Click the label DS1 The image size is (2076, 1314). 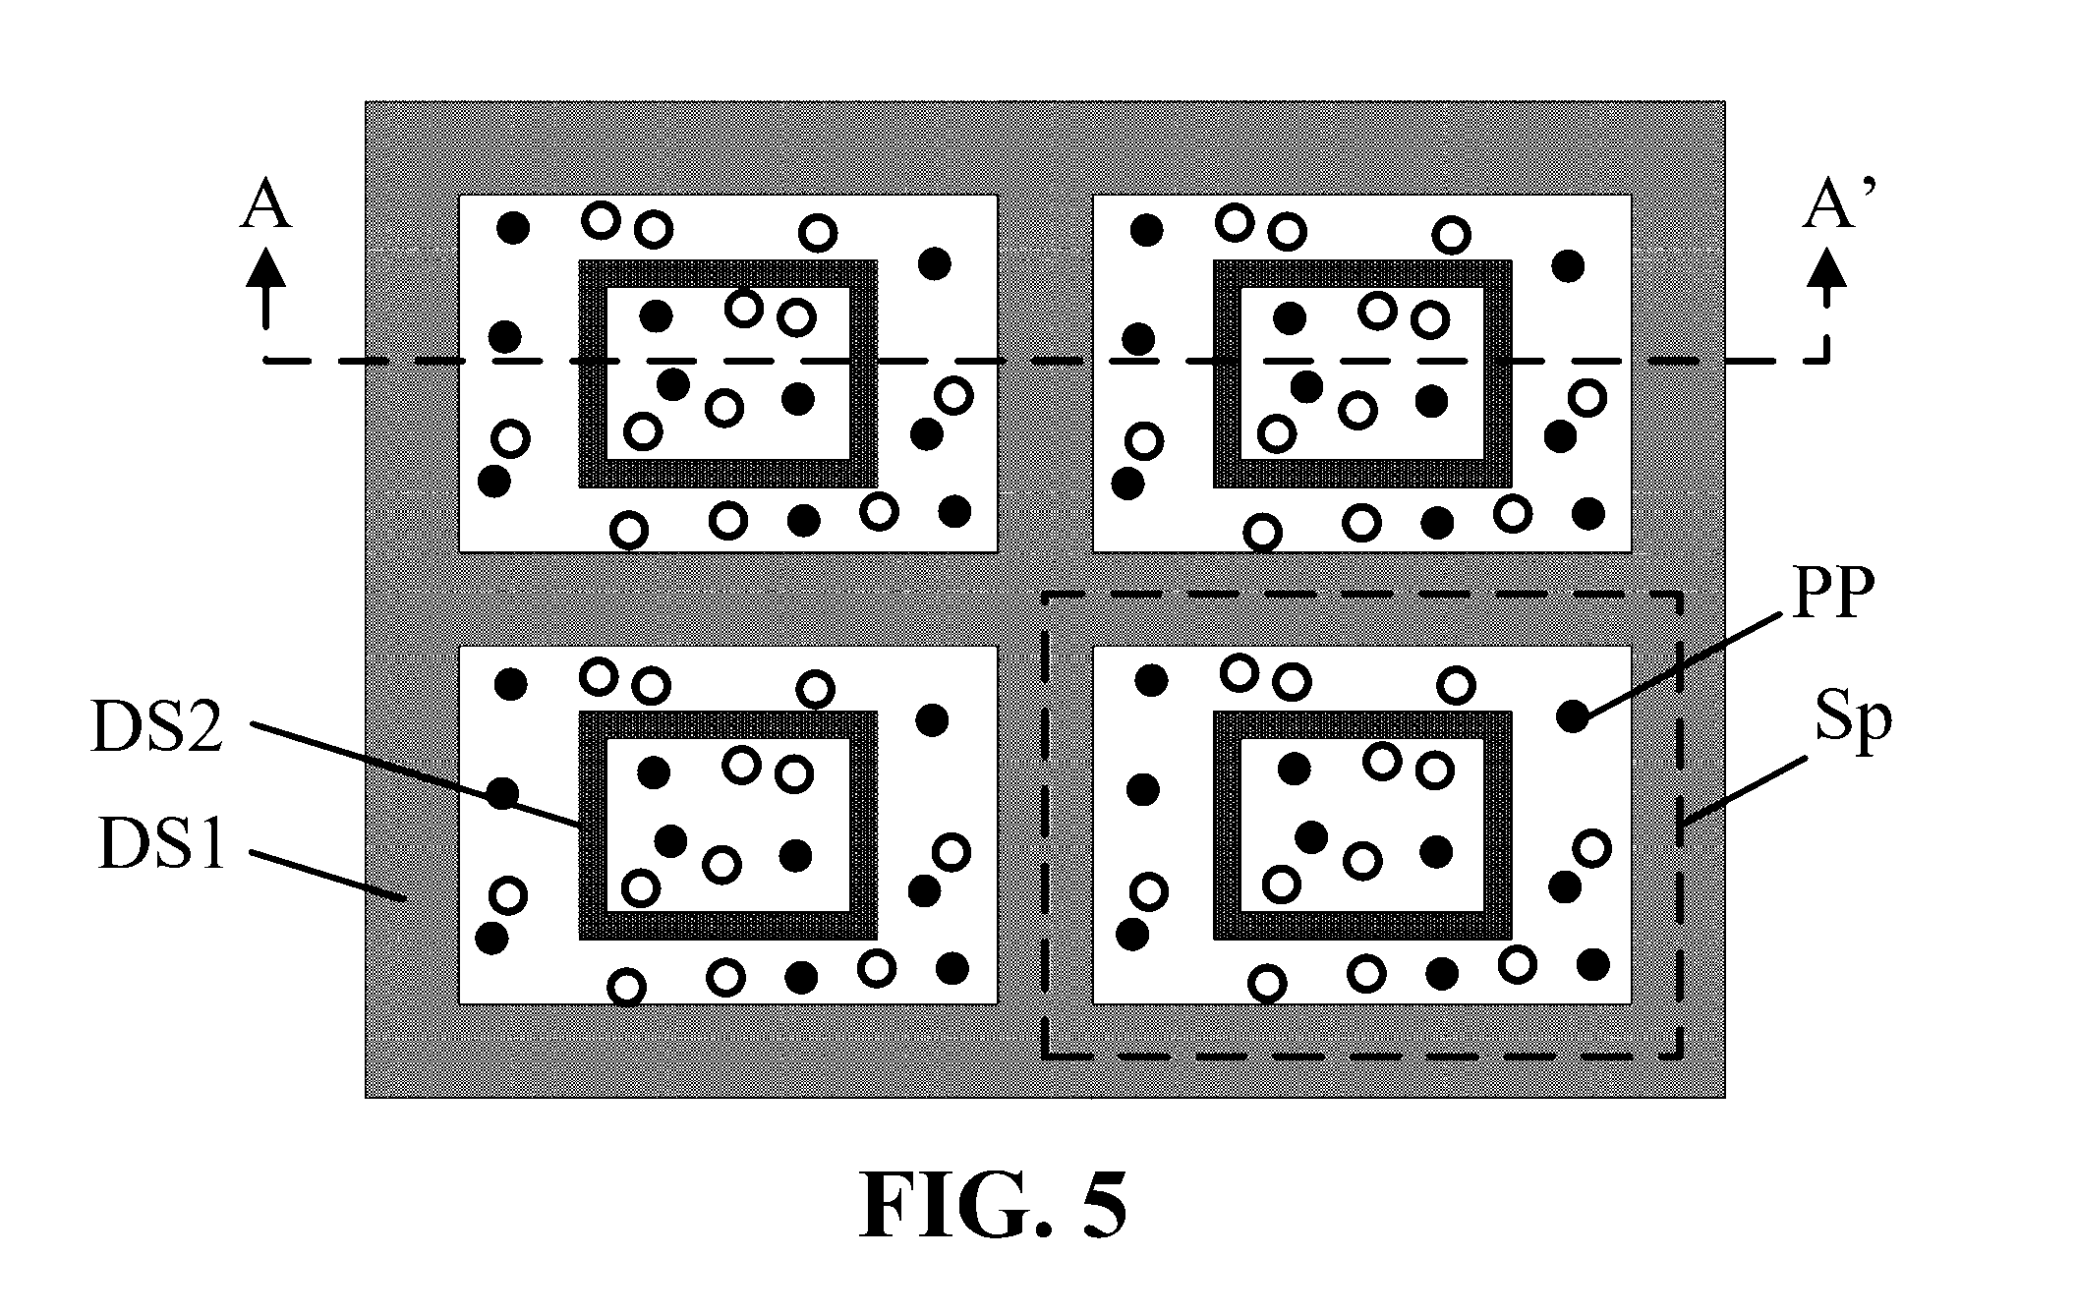[162, 844]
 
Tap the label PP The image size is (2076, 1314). [1833, 594]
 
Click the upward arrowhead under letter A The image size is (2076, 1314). [265, 267]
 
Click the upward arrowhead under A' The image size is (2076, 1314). [1828, 267]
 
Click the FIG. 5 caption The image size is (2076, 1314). [993, 1204]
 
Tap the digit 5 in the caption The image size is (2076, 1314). [1104, 1204]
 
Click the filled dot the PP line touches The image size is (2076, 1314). [1573, 716]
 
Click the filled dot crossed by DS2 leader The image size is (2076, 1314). [503, 793]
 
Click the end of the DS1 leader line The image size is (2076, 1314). [403, 897]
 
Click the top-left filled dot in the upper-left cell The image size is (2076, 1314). [513, 229]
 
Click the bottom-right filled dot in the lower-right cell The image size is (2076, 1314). [1592, 964]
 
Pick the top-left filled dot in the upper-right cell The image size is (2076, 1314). [1146, 230]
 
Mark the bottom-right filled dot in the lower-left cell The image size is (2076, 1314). [951, 968]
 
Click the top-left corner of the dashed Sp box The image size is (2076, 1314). [1046, 595]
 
